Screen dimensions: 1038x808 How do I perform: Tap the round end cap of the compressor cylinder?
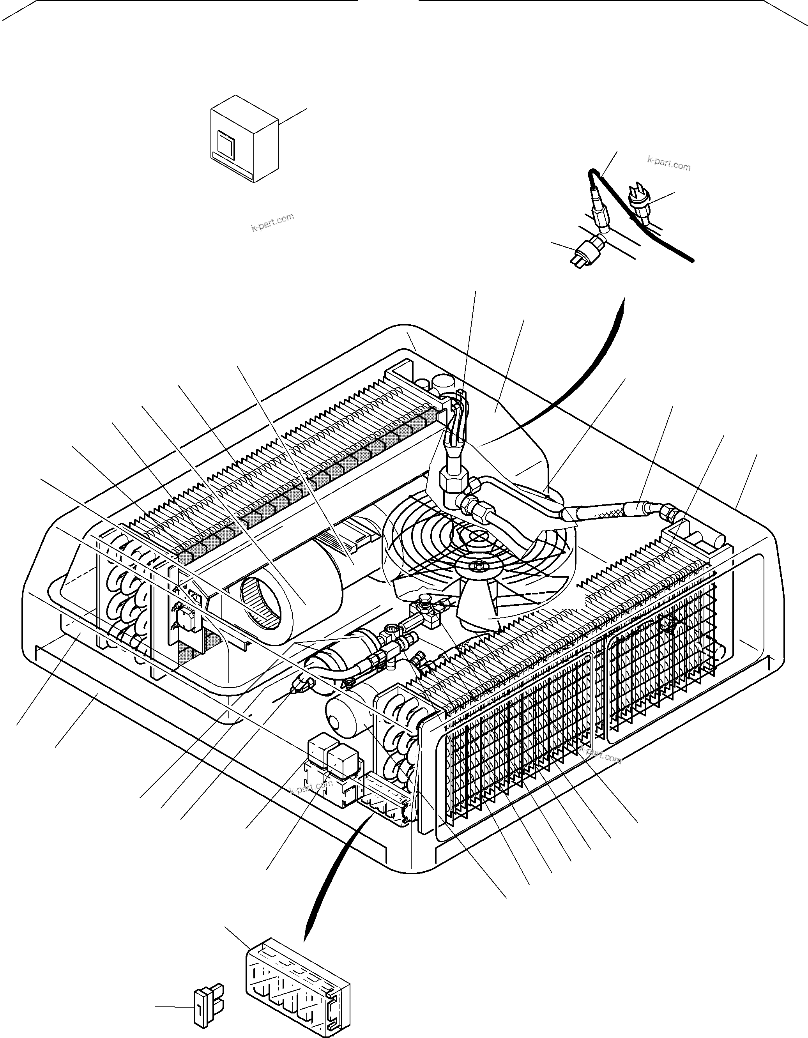(x=338, y=723)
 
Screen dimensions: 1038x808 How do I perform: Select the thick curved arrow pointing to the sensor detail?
(x=570, y=390)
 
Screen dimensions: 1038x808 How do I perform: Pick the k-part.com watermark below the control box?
(x=272, y=222)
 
